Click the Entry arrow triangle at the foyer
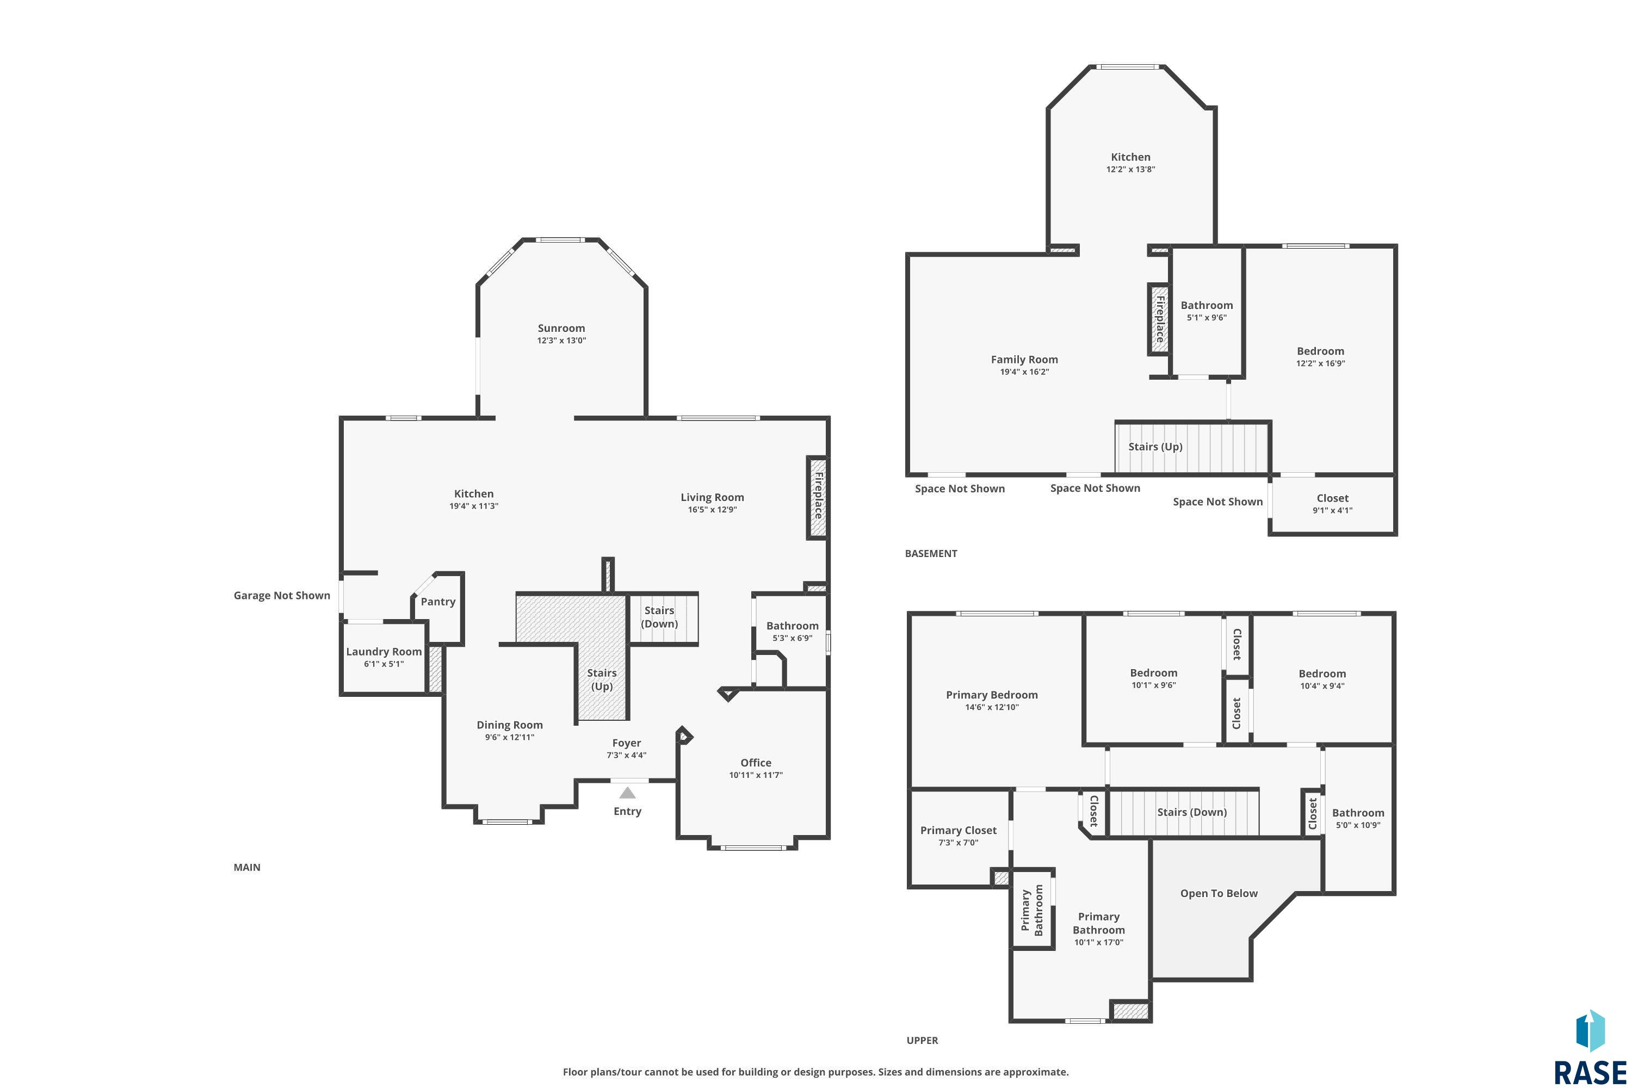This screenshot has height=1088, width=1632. coord(627,793)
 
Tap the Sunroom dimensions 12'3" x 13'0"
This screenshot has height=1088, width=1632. coord(561,341)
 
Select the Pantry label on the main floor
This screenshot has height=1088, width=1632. coord(438,602)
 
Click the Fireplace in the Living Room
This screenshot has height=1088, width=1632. coord(818,496)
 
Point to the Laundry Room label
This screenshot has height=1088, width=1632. coord(384,652)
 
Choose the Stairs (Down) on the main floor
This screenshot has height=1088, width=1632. coord(659,617)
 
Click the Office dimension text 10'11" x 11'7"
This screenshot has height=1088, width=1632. coord(755,775)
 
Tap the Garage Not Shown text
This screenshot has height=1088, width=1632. coord(282,595)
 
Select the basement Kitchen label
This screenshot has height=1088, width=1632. coord(1130,157)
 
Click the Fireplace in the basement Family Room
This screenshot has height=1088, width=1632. coord(1159,319)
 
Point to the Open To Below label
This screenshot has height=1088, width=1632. coord(1219,893)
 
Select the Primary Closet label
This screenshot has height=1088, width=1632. coord(957,830)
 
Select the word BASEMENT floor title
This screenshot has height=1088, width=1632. coord(930,553)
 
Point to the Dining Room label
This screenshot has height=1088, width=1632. coord(509,725)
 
